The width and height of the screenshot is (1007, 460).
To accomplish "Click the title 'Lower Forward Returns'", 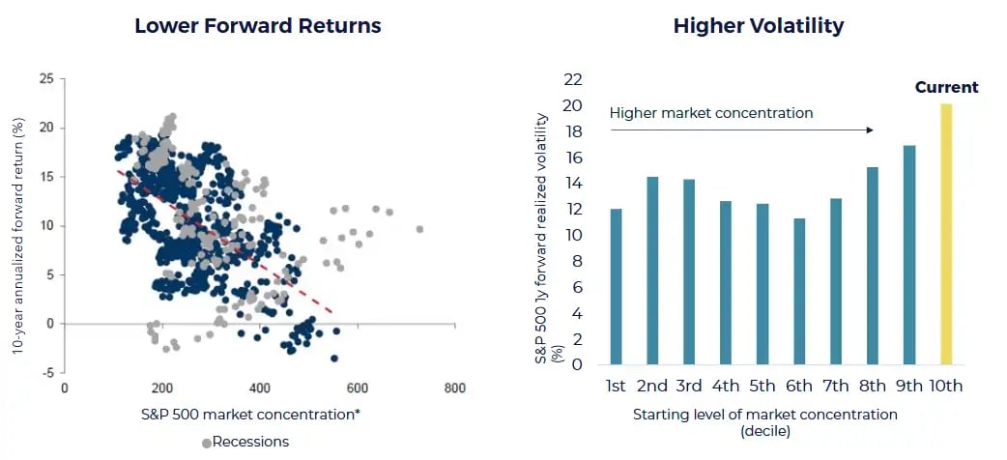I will pos(258,26).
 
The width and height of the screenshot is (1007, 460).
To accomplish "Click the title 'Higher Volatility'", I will pos(759,26).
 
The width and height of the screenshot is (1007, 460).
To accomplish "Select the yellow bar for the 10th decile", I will pos(946,234).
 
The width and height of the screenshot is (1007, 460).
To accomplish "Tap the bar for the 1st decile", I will pos(616,286).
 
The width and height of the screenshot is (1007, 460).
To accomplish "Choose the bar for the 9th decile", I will pos(909,254).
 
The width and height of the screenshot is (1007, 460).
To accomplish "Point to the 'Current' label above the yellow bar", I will pos(946,87).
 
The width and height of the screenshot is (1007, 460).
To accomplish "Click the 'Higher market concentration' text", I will pos(711,113).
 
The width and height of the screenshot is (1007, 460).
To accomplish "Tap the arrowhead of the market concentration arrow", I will pos(873,129).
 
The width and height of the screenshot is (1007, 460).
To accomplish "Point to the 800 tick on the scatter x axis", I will pos(454,388).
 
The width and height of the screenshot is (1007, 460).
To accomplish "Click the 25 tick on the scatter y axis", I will pos(46,79).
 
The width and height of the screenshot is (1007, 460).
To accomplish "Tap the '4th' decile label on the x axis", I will pos(726,386).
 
